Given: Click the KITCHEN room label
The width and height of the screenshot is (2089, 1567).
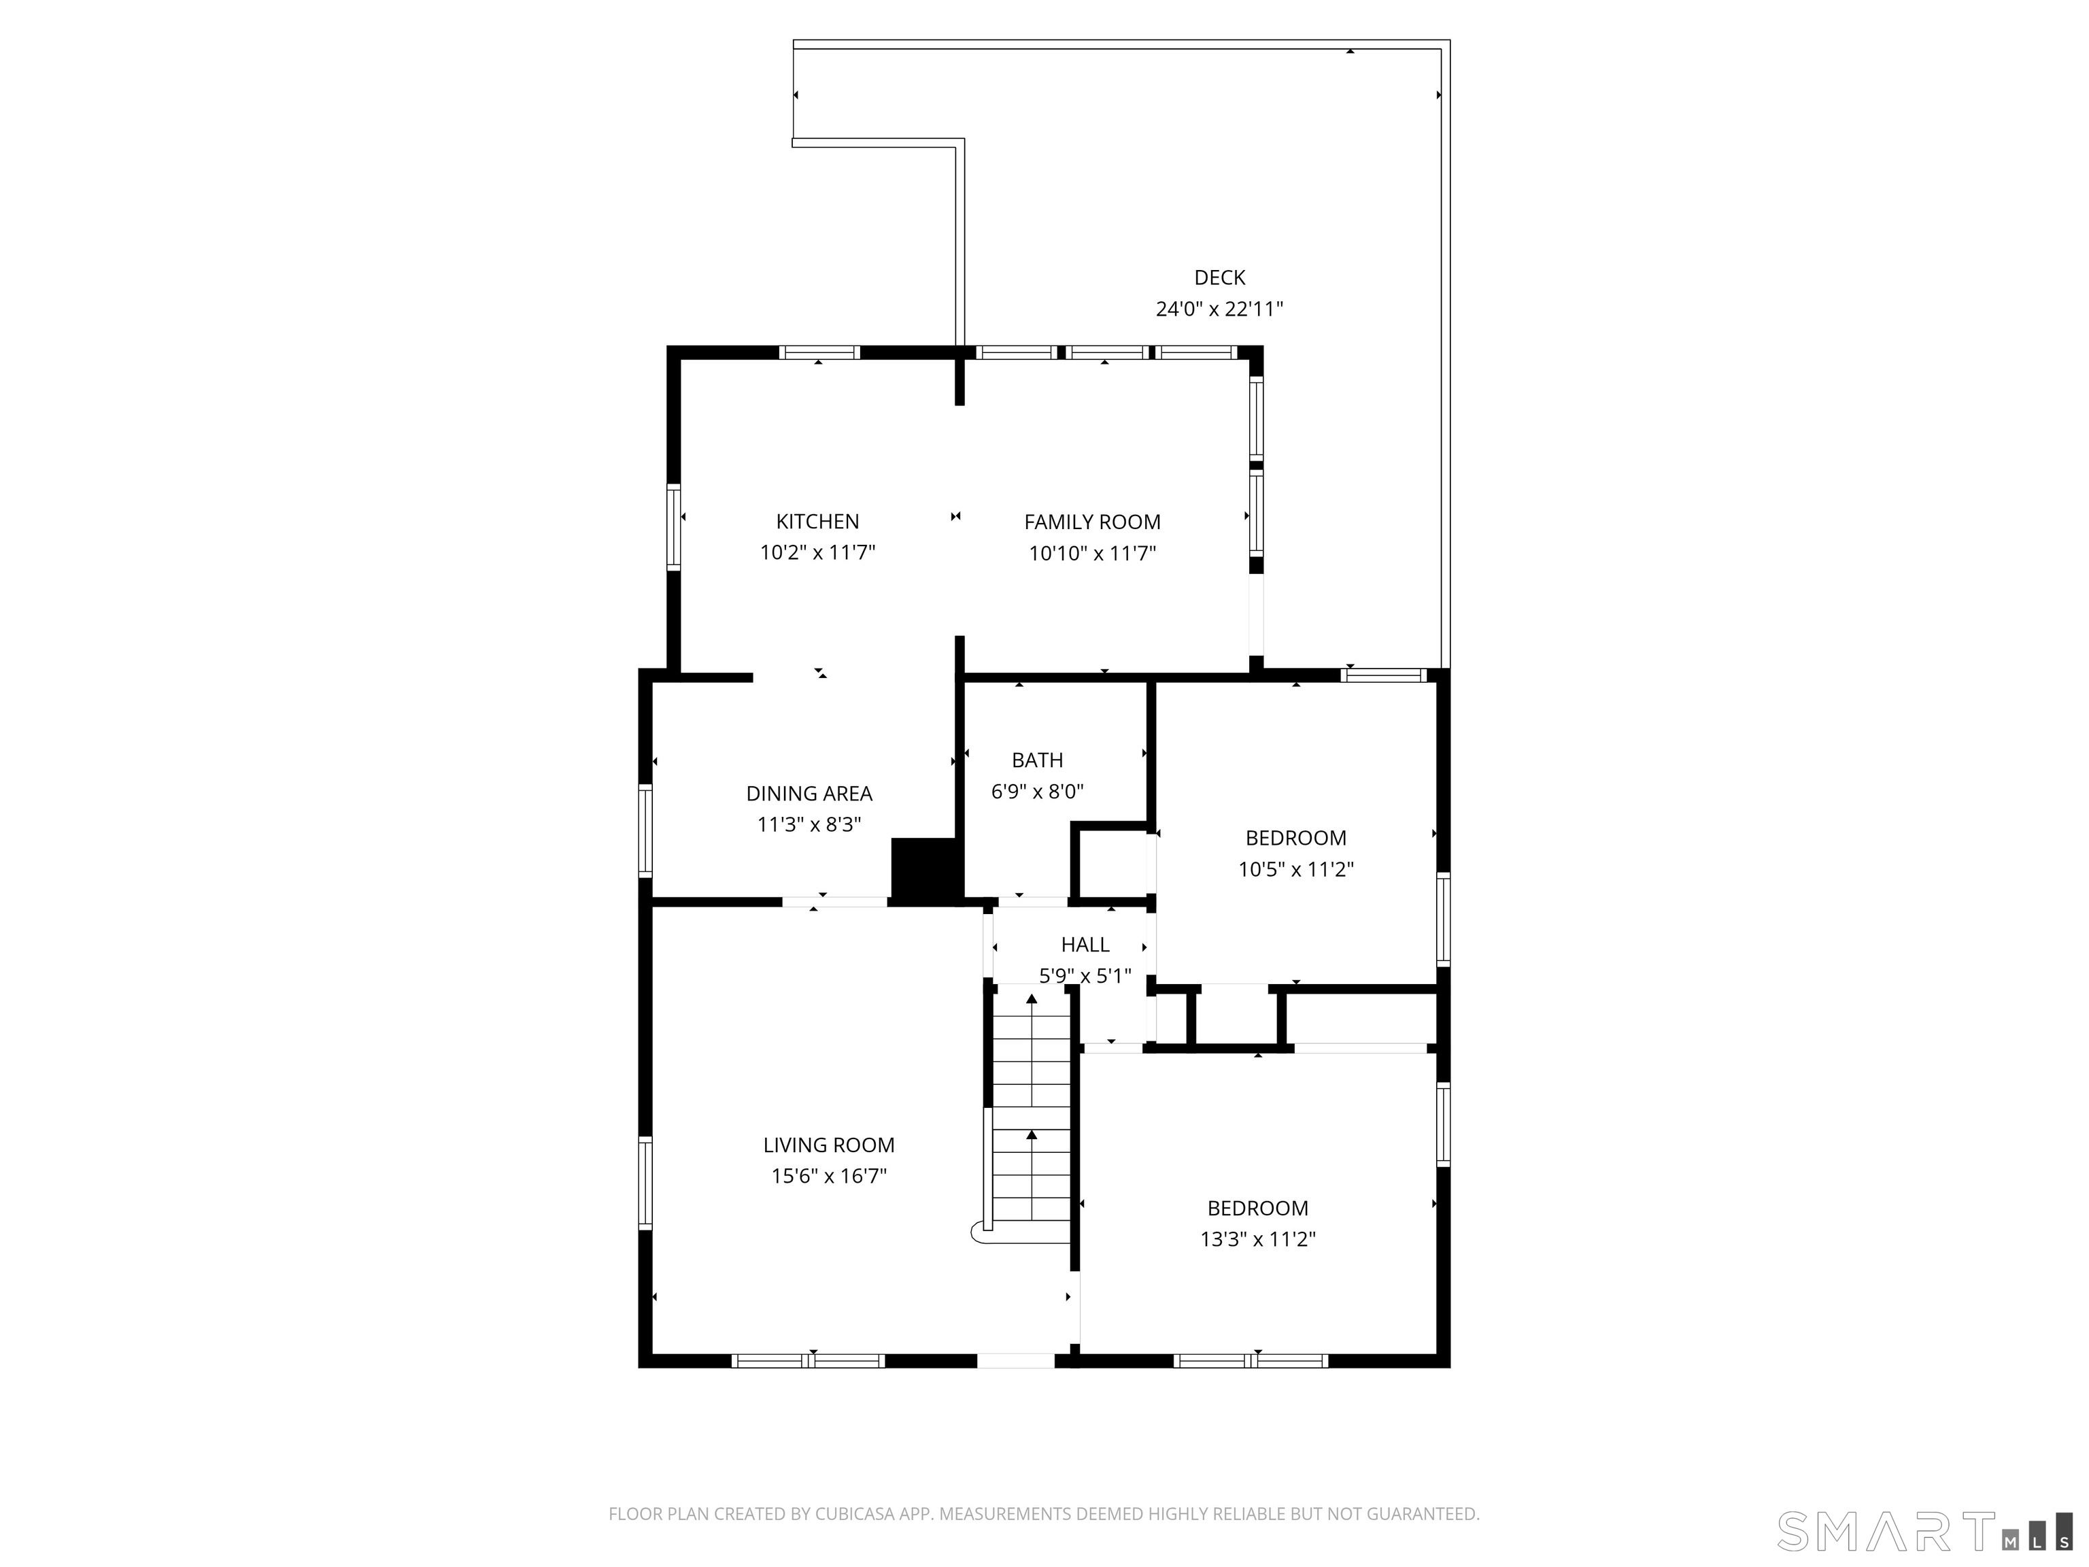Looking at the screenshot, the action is click(818, 522).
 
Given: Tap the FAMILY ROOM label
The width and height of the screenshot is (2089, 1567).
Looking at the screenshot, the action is click(1093, 522).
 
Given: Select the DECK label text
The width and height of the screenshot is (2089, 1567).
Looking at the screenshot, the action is click(1220, 277).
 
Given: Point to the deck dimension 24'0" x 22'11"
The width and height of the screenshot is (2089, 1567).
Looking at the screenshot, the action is click(1220, 309).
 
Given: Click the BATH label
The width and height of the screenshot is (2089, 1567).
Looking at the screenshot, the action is click(1038, 760).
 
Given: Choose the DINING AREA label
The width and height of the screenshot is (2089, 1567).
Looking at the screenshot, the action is click(809, 794).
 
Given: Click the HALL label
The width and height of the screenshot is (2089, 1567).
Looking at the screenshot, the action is click(1085, 945).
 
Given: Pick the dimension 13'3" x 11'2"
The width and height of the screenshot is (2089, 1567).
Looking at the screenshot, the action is click(1258, 1239).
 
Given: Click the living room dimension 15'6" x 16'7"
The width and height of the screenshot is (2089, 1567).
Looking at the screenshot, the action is click(829, 1176).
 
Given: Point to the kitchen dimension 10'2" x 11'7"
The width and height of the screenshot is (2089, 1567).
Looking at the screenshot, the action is click(818, 552).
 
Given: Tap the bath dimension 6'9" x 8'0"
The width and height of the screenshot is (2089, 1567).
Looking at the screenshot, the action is click(1038, 792).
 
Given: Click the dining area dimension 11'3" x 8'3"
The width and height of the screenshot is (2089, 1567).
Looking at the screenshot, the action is click(809, 824).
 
